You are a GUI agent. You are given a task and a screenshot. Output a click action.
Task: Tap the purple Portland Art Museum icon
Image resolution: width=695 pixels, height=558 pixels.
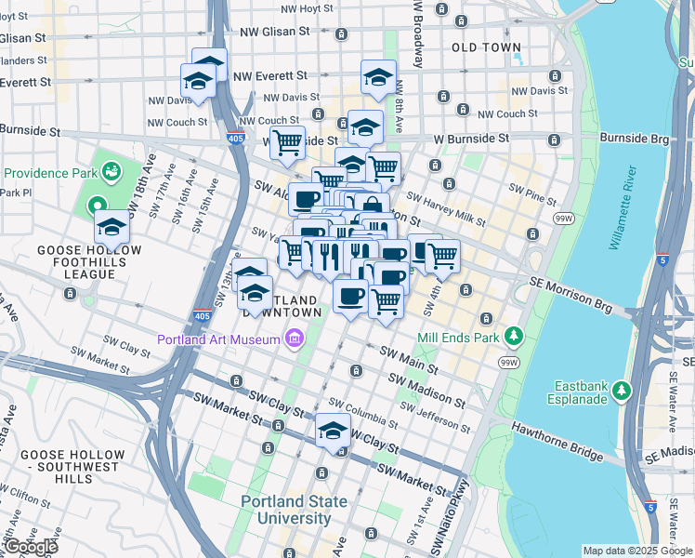coord(295,339)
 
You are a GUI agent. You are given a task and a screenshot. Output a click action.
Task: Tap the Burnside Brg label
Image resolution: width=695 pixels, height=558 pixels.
coord(634,138)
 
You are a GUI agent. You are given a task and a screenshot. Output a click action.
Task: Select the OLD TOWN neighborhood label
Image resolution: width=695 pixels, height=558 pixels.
coord(486,46)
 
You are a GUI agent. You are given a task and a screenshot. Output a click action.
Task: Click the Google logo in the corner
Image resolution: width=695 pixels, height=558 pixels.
coord(30,547)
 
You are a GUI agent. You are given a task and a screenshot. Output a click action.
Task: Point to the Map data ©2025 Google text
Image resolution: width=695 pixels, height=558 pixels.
coord(636,551)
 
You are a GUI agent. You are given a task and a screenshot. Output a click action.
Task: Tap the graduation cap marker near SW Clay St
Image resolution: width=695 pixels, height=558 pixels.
coord(333,430)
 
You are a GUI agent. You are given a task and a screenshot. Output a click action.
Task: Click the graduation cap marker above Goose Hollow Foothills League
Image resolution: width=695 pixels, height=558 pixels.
coord(111,226)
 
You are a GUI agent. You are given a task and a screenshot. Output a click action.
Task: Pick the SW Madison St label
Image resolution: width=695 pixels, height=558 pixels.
coord(426,391)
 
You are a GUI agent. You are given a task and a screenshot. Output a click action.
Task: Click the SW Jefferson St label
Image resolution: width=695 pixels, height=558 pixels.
coord(437,418)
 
